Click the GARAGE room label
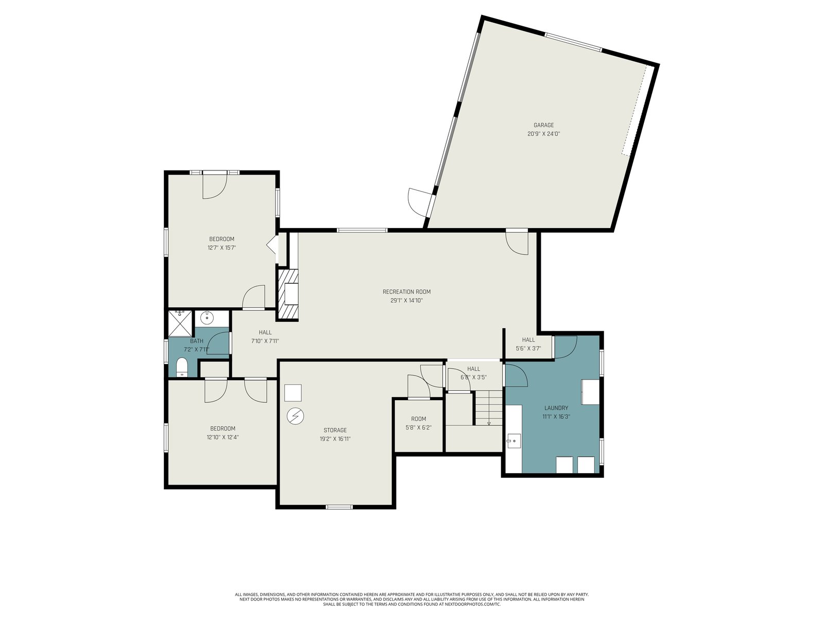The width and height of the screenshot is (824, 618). pyautogui.click(x=543, y=125)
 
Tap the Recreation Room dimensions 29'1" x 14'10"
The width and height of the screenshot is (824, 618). pyautogui.click(x=406, y=300)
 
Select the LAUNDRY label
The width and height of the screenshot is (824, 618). pyautogui.click(x=556, y=408)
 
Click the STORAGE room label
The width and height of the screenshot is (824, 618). pyautogui.click(x=335, y=430)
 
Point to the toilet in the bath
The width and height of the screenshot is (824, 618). pyautogui.click(x=181, y=367)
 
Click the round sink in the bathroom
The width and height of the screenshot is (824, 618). pyautogui.click(x=206, y=318)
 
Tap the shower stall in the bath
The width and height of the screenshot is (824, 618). pyautogui.click(x=180, y=323)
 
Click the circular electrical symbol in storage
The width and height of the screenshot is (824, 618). pyautogui.click(x=295, y=416)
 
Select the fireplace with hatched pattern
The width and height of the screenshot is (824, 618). pyautogui.click(x=287, y=295)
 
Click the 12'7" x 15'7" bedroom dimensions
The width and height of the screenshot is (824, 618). pyautogui.click(x=221, y=248)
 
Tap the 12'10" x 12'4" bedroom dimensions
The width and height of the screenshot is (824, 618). pyautogui.click(x=222, y=437)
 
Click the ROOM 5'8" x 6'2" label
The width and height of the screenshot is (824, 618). pyautogui.click(x=418, y=423)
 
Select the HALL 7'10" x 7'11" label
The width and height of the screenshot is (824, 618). pyautogui.click(x=265, y=337)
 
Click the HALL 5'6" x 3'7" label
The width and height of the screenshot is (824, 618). pyautogui.click(x=528, y=344)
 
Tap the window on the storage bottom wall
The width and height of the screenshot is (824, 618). pyautogui.click(x=339, y=507)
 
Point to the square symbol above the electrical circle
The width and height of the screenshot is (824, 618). pyautogui.click(x=293, y=393)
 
